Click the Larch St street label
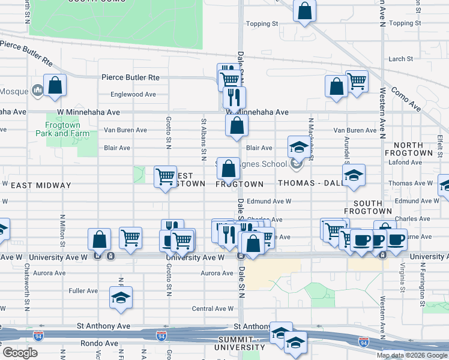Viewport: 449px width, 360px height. pos(400,59)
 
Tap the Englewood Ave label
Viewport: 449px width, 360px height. pos(133,94)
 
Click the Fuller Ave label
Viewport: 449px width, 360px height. pos(83,291)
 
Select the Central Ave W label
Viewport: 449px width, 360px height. pos(212,309)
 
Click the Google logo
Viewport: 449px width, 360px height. pos(20,353)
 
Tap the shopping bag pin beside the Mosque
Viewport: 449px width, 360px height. pos(55,86)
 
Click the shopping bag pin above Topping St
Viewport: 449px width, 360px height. pos(305,10)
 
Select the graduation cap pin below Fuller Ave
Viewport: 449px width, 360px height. pos(121,297)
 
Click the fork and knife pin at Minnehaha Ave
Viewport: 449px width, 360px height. pos(234,96)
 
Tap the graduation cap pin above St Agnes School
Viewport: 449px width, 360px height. pos(298,147)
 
